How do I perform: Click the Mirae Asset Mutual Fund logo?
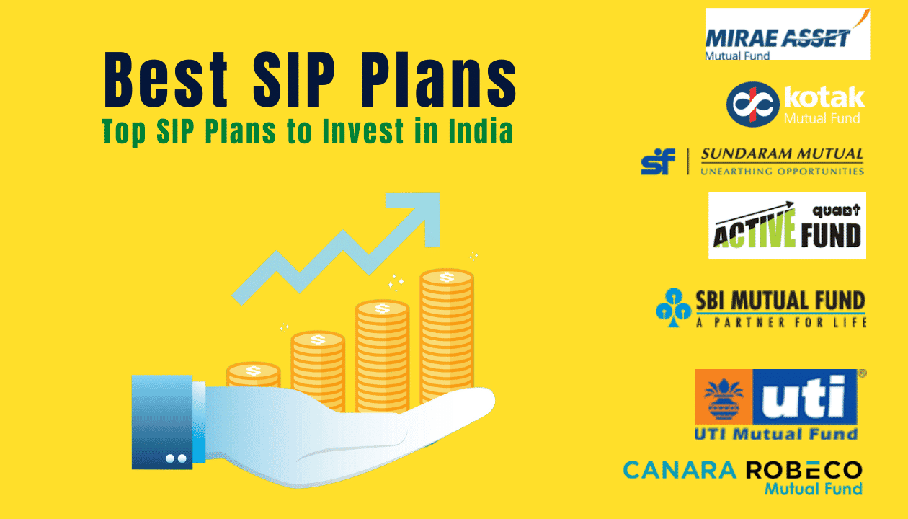tap(787, 34)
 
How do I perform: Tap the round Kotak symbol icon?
tap(752, 102)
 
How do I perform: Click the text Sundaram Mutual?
tap(782, 154)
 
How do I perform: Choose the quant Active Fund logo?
tap(787, 226)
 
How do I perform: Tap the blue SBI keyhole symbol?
tap(673, 309)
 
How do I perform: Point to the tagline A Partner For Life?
tap(780, 323)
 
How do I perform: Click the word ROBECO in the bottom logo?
tap(804, 471)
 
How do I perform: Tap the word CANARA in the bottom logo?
tap(680, 471)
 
